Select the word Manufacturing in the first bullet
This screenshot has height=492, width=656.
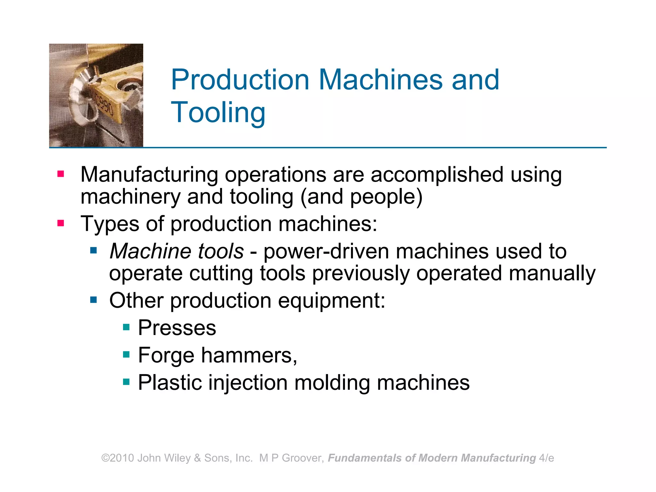point(149,175)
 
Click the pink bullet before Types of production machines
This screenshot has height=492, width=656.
point(61,223)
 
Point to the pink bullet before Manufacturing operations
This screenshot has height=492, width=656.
point(61,174)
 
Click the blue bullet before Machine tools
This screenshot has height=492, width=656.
point(94,250)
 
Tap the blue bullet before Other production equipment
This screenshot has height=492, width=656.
point(94,300)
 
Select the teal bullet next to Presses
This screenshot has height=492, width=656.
point(126,327)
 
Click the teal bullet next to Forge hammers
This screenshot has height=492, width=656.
point(126,355)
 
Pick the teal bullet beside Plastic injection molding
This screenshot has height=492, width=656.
point(126,382)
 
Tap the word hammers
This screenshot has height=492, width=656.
point(249,355)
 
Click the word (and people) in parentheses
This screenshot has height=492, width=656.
point(361,197)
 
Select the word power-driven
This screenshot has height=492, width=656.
point(326,251)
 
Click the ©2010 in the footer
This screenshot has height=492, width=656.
point(118,458)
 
